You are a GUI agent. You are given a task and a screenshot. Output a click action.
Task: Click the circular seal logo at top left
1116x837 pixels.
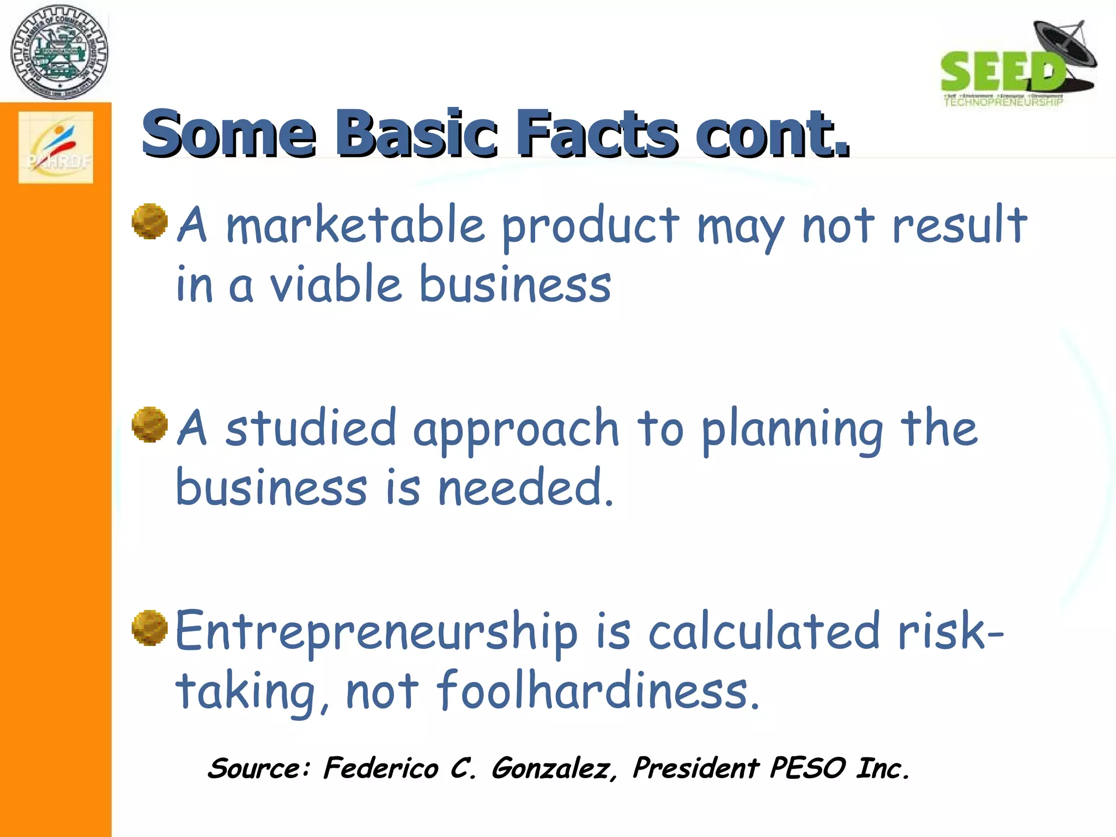59,52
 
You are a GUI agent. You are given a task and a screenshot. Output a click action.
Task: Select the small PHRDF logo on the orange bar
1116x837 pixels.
56,147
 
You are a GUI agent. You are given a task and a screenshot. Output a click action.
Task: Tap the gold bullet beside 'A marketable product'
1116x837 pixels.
149,221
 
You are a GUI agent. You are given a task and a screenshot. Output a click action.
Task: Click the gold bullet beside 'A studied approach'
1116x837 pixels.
149,424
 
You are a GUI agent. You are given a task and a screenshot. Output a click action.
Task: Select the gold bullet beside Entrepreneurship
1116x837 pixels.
149,628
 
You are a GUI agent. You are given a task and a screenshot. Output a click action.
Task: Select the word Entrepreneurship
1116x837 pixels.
376,632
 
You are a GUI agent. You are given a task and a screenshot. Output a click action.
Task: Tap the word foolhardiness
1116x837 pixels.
597,691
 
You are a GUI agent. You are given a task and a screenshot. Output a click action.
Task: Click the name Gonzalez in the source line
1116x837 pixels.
554,769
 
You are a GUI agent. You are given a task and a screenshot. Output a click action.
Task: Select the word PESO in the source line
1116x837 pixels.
808,768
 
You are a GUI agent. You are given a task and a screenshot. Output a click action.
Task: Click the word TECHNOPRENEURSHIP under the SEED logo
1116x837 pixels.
1003,102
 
